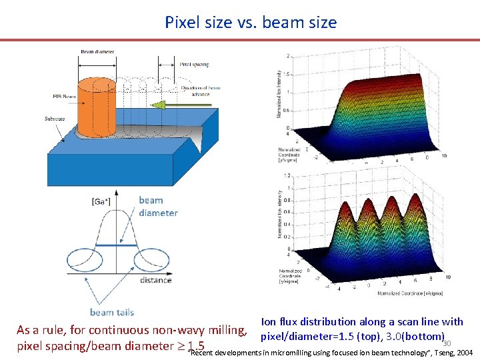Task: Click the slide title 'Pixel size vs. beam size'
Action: pos(251,22)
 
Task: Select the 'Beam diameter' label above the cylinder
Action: pos(97,51)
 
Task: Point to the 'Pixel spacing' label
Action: pos(194,65)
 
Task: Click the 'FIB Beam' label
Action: pos(64,97)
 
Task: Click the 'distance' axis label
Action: pos(155,280)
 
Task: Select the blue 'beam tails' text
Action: pos(111,312)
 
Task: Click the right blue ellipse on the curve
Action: pos(148,259)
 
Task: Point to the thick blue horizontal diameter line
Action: pos(116,245)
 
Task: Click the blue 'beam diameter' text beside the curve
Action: pos(158,207)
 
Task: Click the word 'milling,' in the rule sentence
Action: pos(229,330)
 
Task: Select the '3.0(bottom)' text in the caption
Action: pos(415,337)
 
